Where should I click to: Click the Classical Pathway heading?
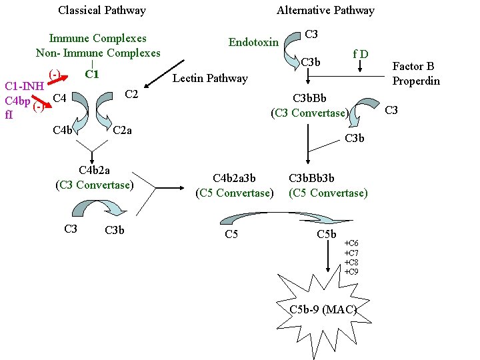pos(102,10)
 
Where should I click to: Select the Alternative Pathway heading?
pos(325,10)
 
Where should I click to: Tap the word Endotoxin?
pos(253,42)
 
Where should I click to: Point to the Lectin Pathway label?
pos(210,79)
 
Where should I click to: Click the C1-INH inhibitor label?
pos(24,86)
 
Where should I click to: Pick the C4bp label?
pos(17,101)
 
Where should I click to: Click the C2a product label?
pos(122,129)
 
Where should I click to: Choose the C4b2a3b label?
pos(234,178)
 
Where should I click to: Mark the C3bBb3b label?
pos(311,178)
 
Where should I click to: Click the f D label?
pos(361,53)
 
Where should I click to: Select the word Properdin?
pos(415,81)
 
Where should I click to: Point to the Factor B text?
pos(413,66)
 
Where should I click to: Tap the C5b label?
pos(327,234)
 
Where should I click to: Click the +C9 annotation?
pos(351,272)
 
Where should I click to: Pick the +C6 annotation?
pos(351,243)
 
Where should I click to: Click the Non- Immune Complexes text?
pos(98,53)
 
